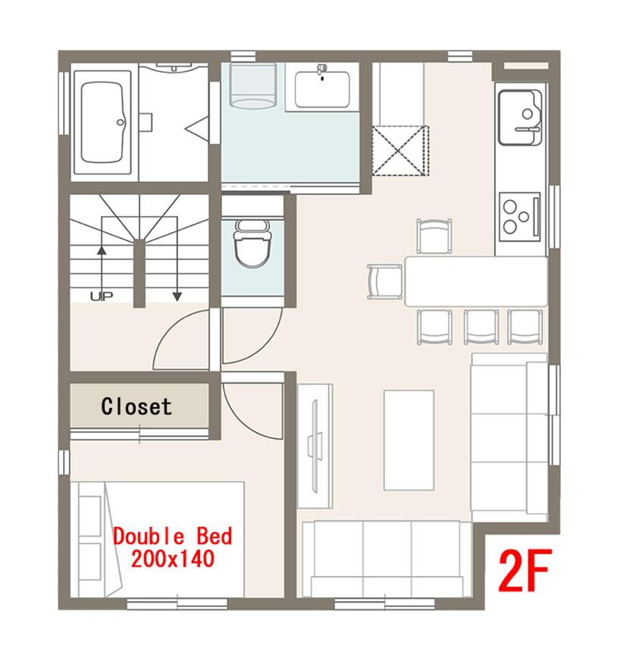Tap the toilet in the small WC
[x=249, y=244]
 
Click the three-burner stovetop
[x=519, y=215]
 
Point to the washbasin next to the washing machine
[x=323, y=87]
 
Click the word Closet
[x=136, y=406]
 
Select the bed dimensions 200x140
[x=171, y=559]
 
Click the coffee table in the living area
[x=409, y=440]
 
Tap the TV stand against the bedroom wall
[x=315, y=445]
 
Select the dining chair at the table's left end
[x=384, y=281]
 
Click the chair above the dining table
[x=434, y=235]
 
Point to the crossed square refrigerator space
[x=400, y=150]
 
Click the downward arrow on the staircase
[x=177, y=292]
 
